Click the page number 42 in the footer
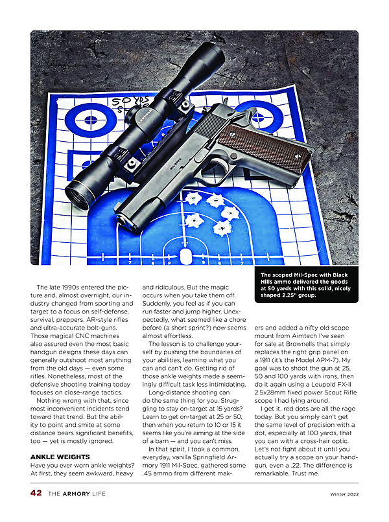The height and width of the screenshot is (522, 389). click(x=36, y=494)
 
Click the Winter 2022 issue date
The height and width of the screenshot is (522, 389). click(x=339, y=494)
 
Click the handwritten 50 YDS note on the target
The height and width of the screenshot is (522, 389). click(x=130, y=102)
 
